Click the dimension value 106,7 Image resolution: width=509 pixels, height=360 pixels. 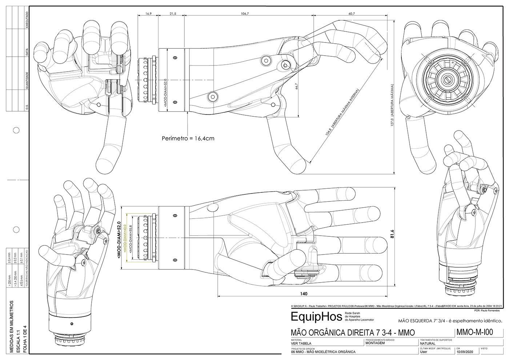click(245, 13)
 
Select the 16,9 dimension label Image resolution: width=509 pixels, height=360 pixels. click(148, 13)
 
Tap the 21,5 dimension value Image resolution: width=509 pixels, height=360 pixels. click(173, 13)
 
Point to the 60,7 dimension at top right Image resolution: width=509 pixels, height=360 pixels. click(351, 13)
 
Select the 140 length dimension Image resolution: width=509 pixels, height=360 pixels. click(304, 293)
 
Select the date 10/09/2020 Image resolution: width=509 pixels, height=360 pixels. click(464, 352)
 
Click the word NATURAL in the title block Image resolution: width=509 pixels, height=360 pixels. click(428, 343)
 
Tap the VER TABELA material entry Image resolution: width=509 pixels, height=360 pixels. click(301, 343)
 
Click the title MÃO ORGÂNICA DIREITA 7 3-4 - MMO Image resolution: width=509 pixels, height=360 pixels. click(353, 333)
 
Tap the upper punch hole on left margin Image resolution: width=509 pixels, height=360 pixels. click(16, 130)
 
